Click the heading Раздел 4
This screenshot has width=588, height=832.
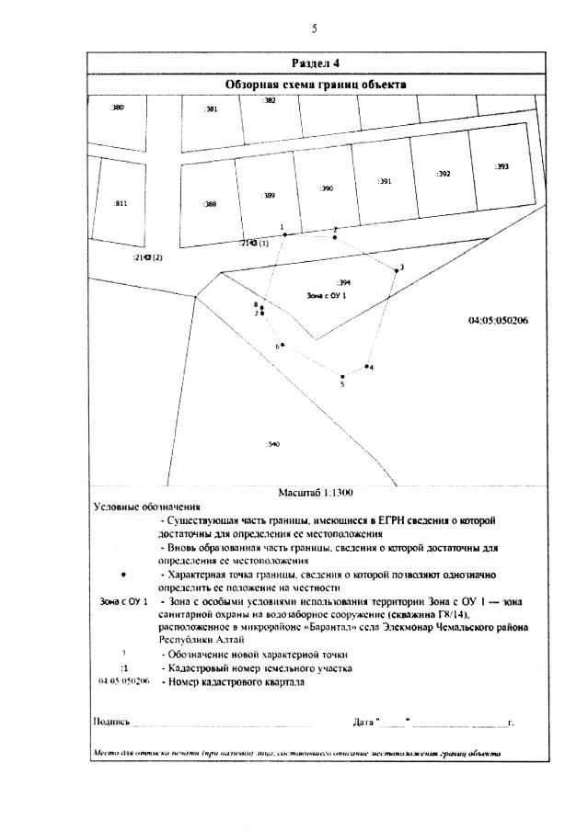(316, 63)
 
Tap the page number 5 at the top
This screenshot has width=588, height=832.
(314, 28)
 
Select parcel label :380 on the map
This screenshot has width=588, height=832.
(117, 108)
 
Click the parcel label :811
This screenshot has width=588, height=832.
(120, 203)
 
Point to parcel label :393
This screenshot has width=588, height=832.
(502, 167)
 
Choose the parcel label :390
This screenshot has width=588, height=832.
(327, 188)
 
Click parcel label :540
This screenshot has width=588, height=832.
(272, 444)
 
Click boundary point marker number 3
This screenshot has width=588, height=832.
(397, 270)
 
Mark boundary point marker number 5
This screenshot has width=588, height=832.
(342, 376)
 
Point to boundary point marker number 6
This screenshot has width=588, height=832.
(282, 345)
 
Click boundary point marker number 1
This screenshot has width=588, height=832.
(285, 234)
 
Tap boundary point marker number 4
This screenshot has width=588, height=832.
(365, 367)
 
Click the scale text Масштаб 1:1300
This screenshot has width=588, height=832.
(316, 493)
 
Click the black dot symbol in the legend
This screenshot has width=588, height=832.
(122, 574)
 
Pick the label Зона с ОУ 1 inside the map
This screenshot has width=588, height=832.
(327, 296)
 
